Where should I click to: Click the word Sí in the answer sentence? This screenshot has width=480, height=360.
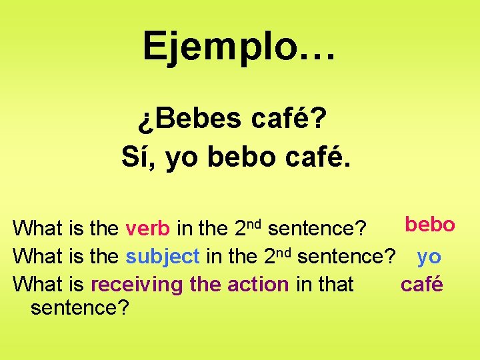137,157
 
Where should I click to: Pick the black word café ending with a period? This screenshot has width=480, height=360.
317,157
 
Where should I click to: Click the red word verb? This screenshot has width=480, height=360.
147,228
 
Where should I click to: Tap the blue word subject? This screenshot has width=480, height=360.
163,256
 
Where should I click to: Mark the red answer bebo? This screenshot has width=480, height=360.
430,225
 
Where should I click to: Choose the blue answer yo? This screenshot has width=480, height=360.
429,256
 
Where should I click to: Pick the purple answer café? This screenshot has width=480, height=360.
421,284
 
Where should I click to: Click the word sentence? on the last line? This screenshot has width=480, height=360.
79,308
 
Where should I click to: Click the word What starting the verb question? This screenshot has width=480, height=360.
37,228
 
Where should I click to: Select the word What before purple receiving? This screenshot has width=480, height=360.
37,285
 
